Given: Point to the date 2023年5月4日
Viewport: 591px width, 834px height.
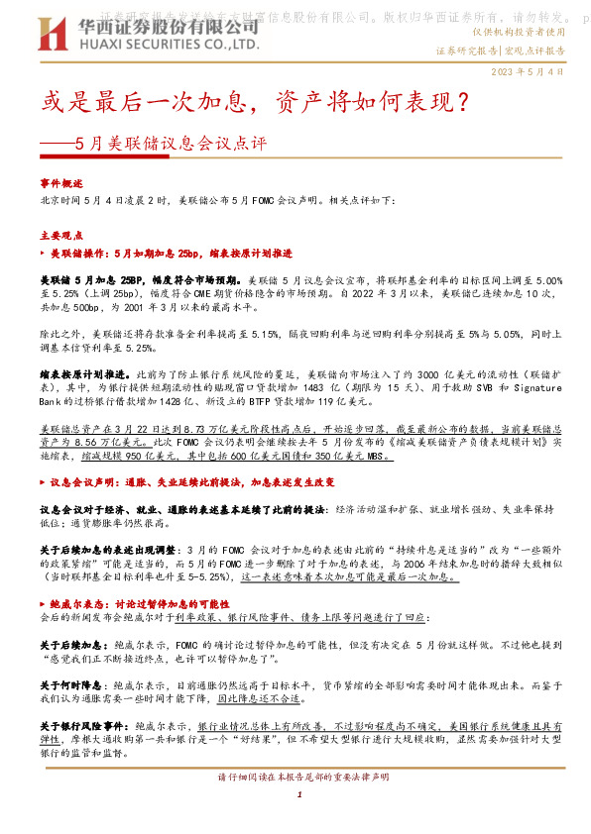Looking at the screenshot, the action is (x=527, y=72).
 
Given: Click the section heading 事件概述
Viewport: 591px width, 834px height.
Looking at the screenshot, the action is (x=61, y=184).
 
